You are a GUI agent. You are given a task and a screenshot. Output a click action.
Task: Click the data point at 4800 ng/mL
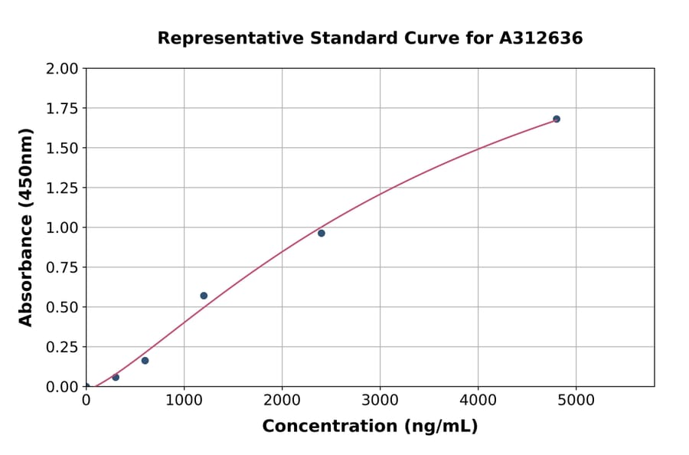pyautogui.click(x=557, y=119)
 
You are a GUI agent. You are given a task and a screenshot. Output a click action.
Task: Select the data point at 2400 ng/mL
pyautogui.click(x=322, y=233)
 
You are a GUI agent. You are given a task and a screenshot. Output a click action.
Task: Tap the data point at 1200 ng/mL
pyautogui.click(x=204, y=296)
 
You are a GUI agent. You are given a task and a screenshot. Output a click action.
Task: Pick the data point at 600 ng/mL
pyautogui.click(x=145, y=361)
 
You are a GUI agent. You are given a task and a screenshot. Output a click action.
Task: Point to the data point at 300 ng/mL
pyautogui.click(x=116, y=378)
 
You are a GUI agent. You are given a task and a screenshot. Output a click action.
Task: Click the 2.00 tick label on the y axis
pyautogui.click(x=63, y=69)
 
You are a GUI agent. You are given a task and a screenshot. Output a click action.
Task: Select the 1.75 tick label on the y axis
pyautogui.click(x=63, y=109)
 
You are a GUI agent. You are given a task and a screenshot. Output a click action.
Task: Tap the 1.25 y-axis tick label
pyautogui.click(x=63, y=188)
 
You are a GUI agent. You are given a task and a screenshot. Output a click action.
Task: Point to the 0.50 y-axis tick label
pyautogui.click(x=63, y=307)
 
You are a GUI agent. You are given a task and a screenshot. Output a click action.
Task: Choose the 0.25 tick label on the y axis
pyautogui.click(x=63, y=347)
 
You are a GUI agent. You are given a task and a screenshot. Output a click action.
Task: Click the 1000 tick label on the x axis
pyautogui.click(x=184, y=400)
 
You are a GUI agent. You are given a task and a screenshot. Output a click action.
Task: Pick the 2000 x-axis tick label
pyautogui.click(x=282, y=400)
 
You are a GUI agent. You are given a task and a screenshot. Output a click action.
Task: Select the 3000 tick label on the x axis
pyautogui.click(x=380, y=400)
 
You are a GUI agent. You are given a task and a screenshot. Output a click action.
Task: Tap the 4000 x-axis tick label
pyautogui.click(x=478, y=400)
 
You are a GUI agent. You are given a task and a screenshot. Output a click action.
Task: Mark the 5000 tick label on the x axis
pyautogui.click(x=576, y=400)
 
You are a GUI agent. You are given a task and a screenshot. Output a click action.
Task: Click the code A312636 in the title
pyautogui.click(x=540, y=38)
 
